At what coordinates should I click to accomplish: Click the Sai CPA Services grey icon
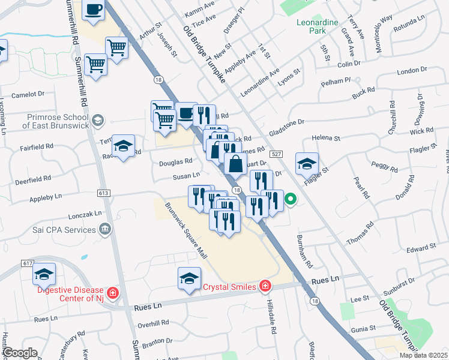click(x=106, y=229)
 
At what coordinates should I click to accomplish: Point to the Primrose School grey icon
click(x=100, y=121)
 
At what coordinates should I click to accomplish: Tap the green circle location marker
click(x=290, y=200)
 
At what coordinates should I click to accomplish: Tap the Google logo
click(x=20, y=352)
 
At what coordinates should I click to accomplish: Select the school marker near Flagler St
click(x=307, y=164)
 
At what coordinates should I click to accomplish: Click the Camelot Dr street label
click(x=29, y=94)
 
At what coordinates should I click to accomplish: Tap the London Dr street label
click(x=412, y=71)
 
